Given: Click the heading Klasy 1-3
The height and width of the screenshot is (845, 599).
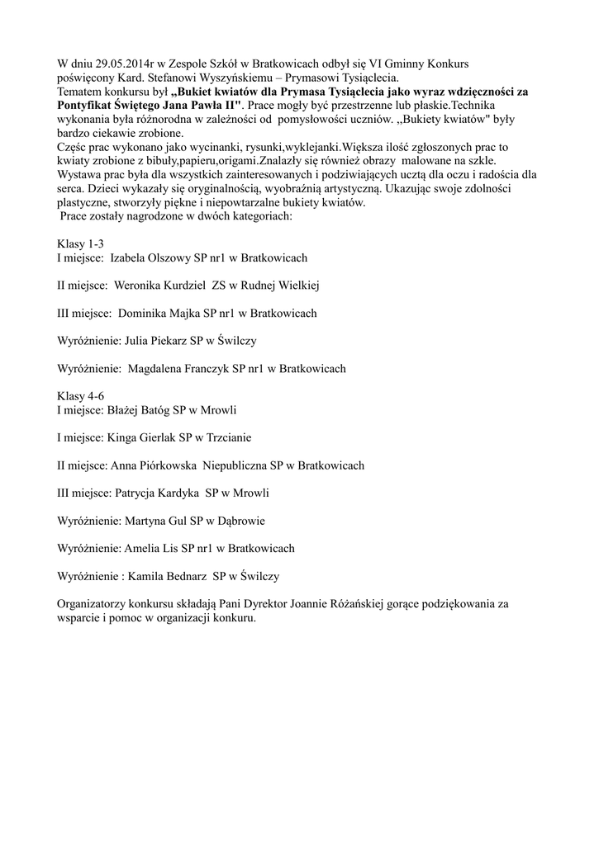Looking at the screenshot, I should point(80,244).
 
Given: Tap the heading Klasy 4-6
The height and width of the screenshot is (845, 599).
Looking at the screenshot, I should point(80,395).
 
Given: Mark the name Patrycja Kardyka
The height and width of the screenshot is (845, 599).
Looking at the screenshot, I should point(155,493).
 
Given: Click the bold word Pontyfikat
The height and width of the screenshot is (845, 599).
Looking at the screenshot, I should point(88,106).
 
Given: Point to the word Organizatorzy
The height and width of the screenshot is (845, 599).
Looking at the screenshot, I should point(93,604).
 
